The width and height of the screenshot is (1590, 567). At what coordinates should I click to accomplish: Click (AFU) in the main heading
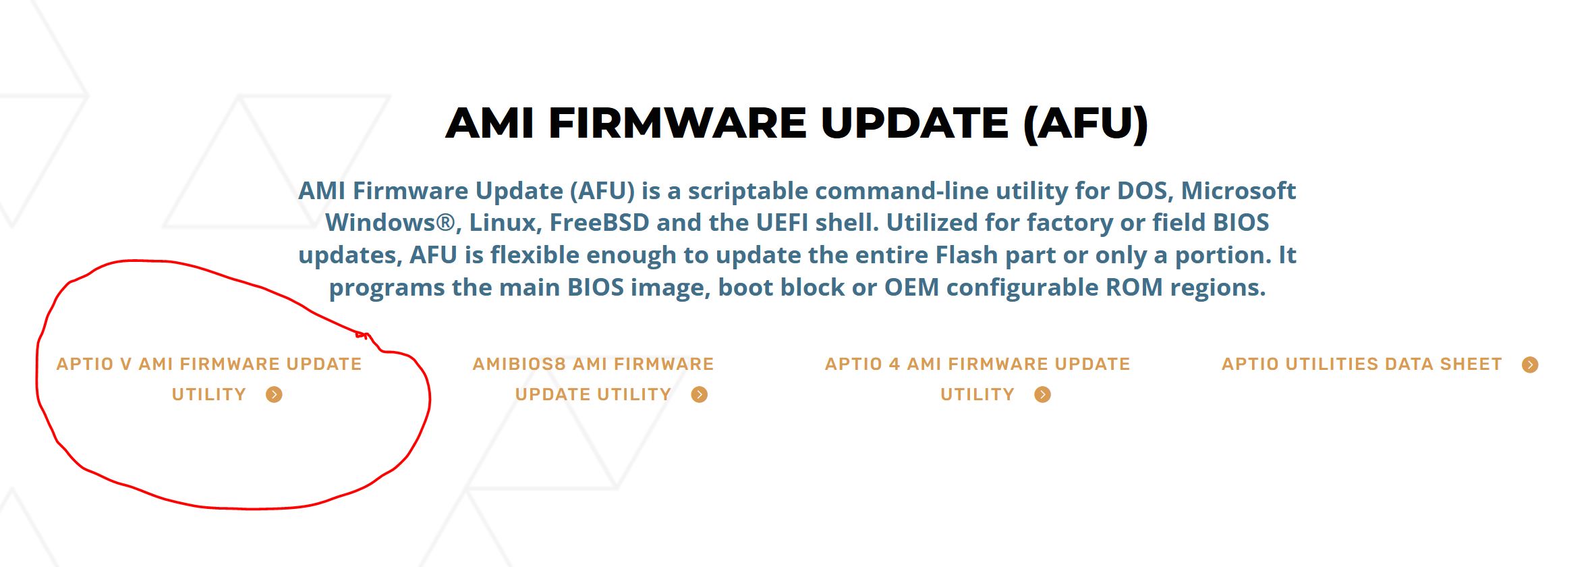pos(1085,124)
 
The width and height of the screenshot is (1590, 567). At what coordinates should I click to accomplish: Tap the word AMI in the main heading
pos(490,123)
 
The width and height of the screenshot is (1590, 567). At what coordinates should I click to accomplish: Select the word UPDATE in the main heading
pos(915,123)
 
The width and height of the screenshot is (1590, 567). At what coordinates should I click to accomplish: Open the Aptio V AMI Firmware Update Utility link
pos(209,379)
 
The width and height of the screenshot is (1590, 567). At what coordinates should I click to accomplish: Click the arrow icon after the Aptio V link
pos(274,395)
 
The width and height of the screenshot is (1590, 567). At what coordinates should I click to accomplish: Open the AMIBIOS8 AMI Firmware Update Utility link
pos(593,379)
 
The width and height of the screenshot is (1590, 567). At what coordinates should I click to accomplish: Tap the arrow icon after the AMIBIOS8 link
pos(700,395)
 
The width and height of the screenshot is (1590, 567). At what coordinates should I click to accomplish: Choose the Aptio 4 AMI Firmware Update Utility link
pos(977,379)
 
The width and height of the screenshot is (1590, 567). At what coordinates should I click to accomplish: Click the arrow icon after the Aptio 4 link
pos(1043,395)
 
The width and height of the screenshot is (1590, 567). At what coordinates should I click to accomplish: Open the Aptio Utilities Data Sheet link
pos(1362,364)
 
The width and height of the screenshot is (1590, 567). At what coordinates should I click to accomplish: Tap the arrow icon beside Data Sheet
pos(1530,365)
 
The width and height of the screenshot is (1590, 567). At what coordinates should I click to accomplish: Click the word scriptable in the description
pos(747,192)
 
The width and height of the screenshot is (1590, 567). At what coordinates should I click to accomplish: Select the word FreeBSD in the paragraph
pos(599,223)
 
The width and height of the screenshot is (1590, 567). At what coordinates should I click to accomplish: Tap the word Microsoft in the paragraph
pos(1239,191)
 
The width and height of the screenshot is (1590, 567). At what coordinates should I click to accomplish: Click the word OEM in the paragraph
pos(911,288)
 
